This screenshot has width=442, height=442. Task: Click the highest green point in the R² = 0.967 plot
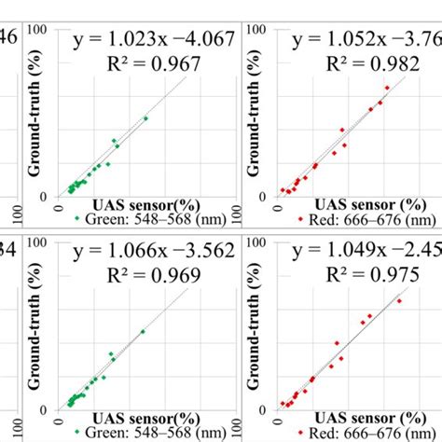coord(145,118)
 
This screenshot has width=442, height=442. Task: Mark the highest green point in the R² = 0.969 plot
coord(143,331)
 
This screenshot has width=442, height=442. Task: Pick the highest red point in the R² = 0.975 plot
coord(399,300)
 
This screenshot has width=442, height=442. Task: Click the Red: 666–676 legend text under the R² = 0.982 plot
coord(355,220)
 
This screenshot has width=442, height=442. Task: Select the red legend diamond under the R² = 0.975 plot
coord(300,433)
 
